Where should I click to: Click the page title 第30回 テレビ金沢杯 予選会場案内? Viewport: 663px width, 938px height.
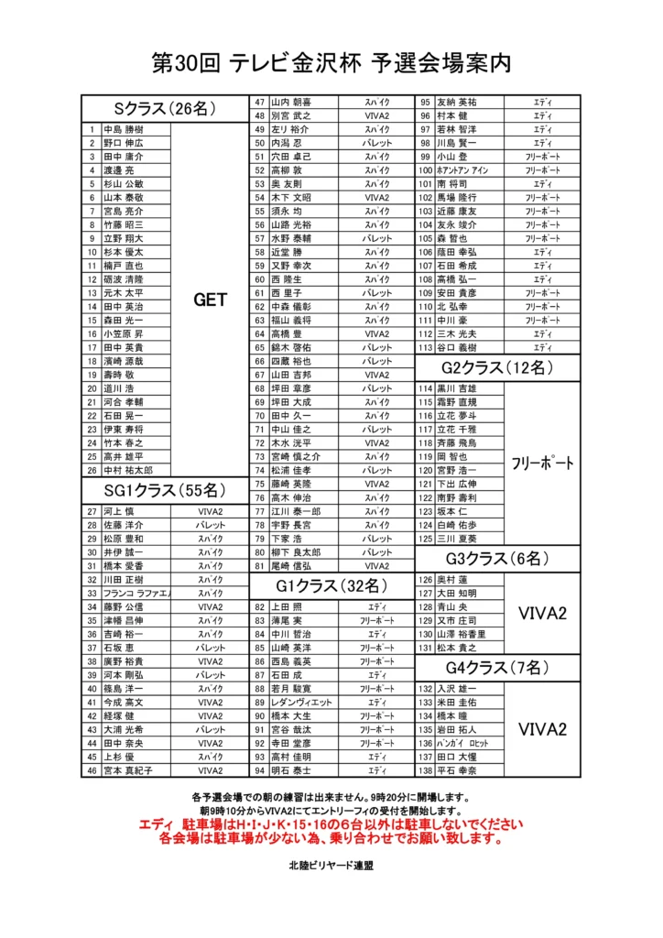pos(331,63)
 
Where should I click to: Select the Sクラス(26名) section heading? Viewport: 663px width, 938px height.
pos(165,108)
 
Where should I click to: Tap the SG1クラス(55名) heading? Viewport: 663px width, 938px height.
pos(165,489)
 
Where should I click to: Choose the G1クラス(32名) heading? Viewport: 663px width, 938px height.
pos(332,585)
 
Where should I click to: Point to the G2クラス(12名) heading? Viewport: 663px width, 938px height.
pos(498,367)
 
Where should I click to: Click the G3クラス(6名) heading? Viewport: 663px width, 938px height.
pos(498,559)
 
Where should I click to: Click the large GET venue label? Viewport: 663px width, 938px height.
pos(210,299)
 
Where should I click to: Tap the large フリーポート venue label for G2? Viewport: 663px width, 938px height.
pos(542,463)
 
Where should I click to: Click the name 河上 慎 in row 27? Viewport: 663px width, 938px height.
pos(119,511)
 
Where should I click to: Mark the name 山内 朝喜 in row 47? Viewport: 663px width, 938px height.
pos(291,102)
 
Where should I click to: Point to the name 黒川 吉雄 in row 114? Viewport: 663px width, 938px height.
pos(457,388)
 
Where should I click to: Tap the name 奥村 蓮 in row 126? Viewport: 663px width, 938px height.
pos(452,579)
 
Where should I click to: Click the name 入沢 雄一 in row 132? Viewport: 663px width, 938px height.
pos(457,688)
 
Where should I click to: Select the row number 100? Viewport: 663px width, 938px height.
pos(425,170)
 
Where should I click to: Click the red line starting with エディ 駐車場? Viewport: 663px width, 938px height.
pos(331,824)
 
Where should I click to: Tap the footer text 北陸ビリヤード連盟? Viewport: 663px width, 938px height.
pos(331,865)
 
